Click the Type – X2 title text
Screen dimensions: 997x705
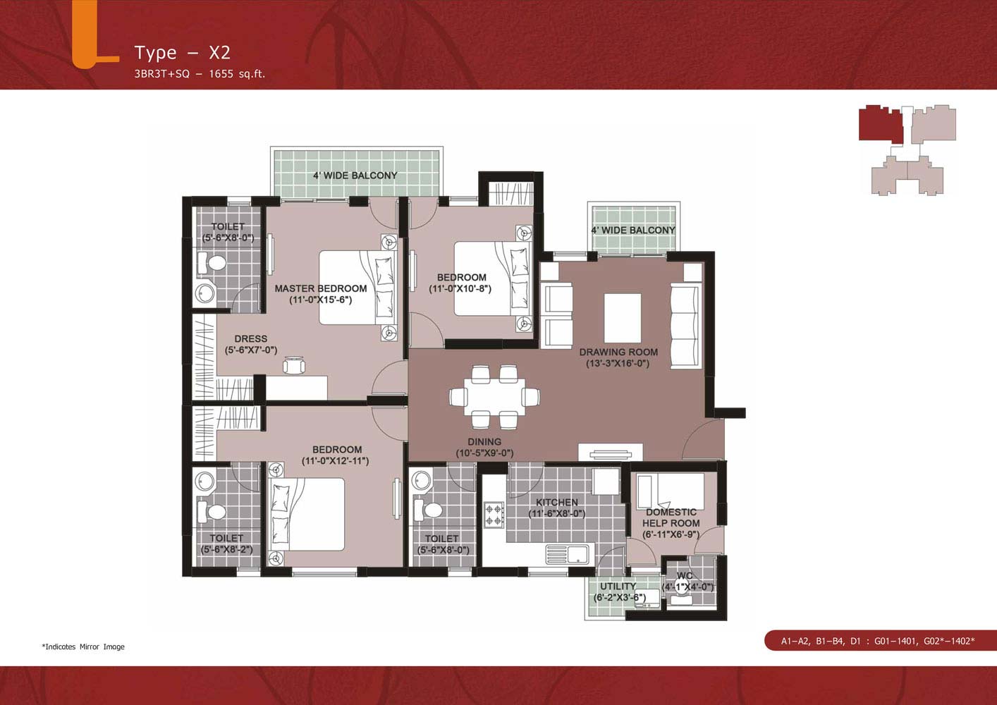coord(183,52)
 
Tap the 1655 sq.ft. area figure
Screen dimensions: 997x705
coord(237,74)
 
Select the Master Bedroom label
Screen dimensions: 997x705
coord(320,288)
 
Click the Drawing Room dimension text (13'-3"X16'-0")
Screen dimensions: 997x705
coord(618,363)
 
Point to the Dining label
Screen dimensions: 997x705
coord(484,441)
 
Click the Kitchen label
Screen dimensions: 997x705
coord(557,502)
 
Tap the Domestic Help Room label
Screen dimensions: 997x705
coord(671,517)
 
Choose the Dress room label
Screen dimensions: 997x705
coord(251,338)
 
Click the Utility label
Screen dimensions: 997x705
coord(618,586)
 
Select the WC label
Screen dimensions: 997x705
coord(685,576)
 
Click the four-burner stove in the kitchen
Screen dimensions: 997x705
coord(494,515)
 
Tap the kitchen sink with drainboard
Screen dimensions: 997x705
coord(567,555)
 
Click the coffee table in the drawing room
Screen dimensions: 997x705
coord(622,318)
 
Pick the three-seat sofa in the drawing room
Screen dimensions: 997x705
coord(685,326)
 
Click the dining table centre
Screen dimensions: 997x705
coord(494,396)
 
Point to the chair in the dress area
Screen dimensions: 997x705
coord(294,365)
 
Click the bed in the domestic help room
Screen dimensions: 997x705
coord(671,491)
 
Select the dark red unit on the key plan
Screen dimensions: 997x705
coord(880,124)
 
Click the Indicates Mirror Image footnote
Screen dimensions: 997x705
coord(83,646)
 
